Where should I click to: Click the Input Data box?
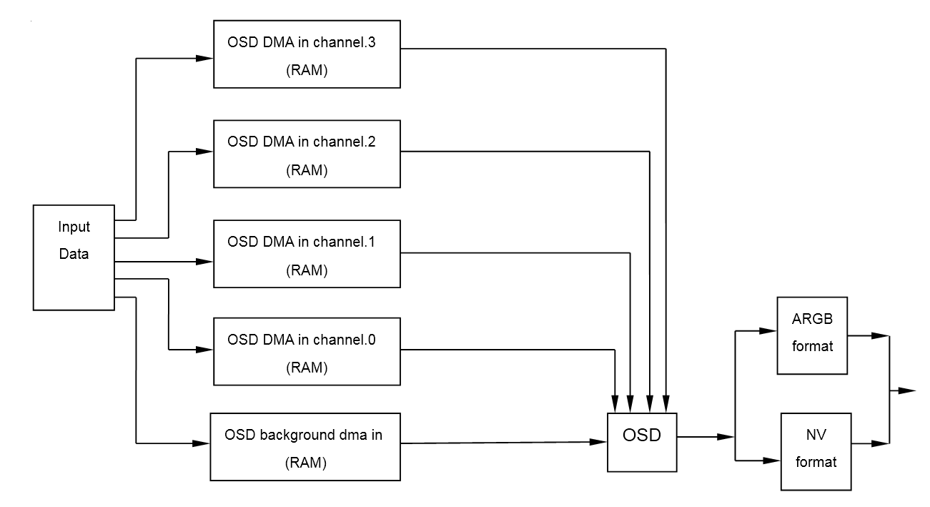74,257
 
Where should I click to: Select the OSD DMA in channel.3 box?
307,54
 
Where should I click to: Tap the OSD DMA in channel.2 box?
307,154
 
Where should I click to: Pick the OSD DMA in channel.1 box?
307,255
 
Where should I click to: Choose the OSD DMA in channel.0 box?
307,353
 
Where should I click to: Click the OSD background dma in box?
305,447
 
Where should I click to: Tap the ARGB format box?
812,335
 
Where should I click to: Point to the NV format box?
816,451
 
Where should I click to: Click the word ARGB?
812,317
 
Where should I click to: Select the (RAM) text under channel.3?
307,72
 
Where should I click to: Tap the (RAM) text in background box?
305,463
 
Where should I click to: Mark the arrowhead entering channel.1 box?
207,261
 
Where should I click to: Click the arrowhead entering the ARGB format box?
769,331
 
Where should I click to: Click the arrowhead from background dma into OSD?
600,443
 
